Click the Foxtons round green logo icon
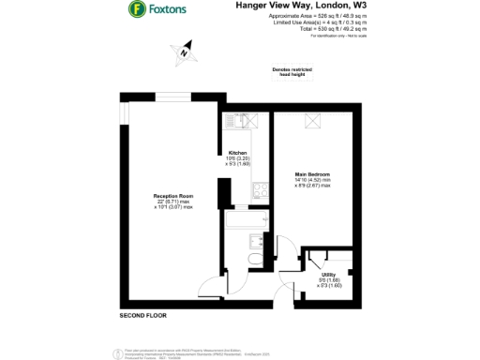(137, 10)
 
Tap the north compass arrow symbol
(186, 52)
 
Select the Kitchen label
(237, 153)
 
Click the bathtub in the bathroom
(247, 223)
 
